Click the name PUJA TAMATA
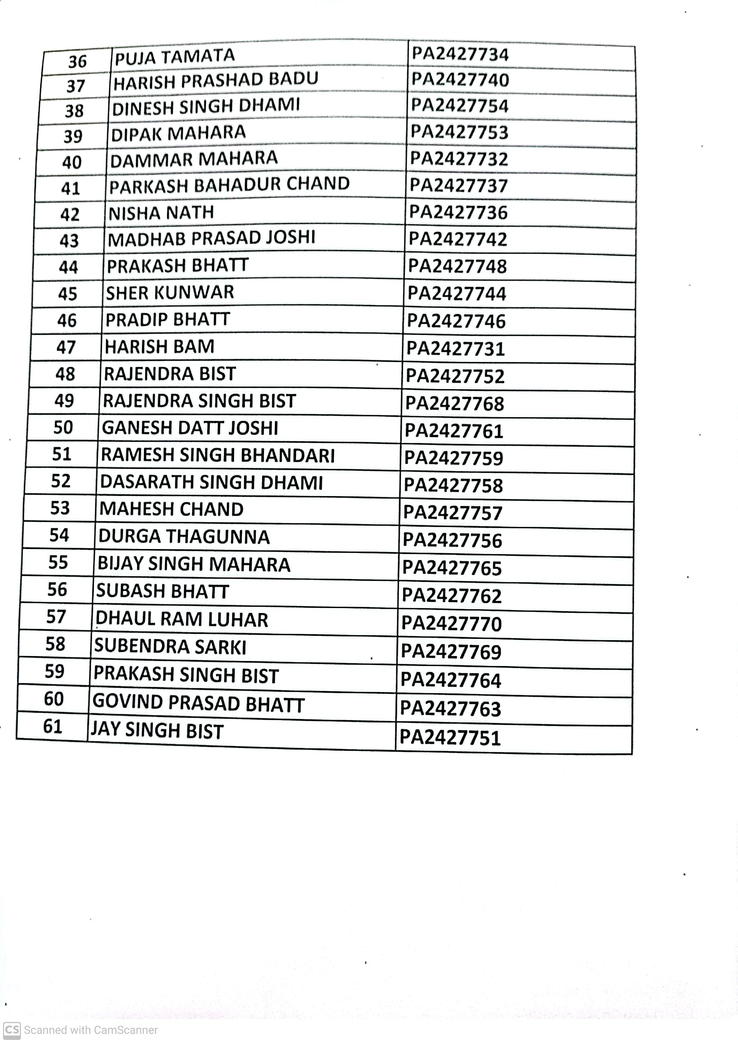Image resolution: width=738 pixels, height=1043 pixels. (175, 57)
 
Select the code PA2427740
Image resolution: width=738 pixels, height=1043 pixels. (460, 80)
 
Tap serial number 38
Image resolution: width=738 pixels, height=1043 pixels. (74, 110)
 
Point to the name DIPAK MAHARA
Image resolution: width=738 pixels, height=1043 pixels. (179, 133)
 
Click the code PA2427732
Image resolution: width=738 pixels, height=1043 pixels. (459, 159)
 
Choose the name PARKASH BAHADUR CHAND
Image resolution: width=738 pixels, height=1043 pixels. (229, 185)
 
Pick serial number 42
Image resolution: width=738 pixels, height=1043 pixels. (70, 214)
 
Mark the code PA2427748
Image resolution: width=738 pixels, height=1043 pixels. (457, 266)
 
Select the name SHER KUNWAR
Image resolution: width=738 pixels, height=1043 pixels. (170, 292)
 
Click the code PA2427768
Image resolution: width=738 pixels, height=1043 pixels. (454, 403)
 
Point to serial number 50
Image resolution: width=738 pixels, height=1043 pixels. (63, 427)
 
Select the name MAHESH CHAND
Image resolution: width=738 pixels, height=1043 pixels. (171, 509)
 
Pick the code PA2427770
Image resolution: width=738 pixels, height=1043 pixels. (452, 623)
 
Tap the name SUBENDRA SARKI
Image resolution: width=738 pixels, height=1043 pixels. (170, 646)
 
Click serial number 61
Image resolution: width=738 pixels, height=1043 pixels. (53, 726)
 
